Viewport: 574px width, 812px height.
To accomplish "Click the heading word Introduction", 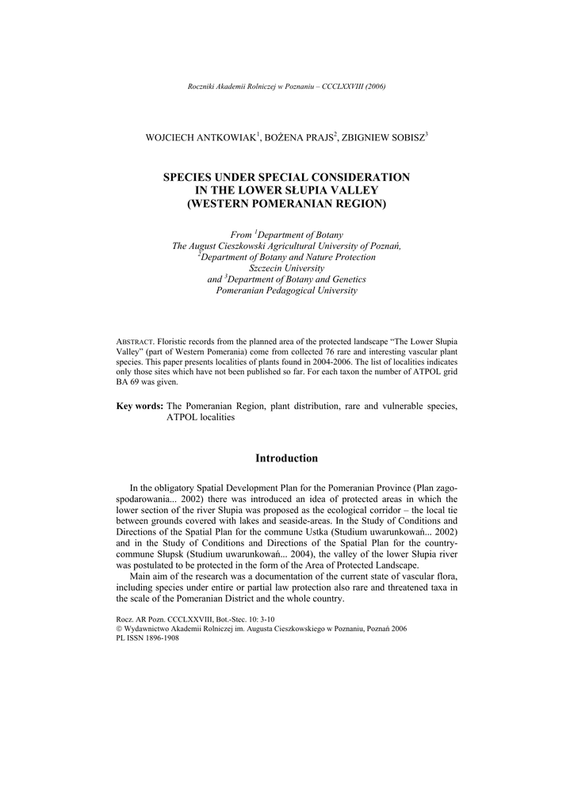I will coord(286,458).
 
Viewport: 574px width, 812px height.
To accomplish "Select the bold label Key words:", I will coord(140,406).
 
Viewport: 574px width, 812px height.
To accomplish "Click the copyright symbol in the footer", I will coord(119,628).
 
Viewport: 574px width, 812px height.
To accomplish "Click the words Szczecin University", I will coord(286,268).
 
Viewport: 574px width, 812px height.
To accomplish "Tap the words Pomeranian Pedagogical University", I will coord(286,290).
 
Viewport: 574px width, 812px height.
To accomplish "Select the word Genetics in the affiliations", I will coord(346,279).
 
